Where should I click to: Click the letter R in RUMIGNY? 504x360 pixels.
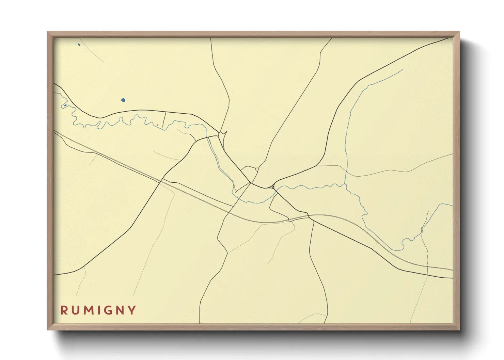coord(64,310)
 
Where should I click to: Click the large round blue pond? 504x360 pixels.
coord(123,100)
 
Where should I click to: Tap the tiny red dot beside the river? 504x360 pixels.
coord(157,125)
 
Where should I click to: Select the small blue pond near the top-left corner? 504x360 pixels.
coord(79,45)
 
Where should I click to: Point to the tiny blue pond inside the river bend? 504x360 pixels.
coord(65,105)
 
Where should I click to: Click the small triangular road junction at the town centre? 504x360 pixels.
coord(272,186)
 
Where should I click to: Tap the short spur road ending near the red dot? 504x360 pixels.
coord(164,119)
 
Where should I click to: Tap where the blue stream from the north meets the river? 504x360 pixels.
coord(345,184)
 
